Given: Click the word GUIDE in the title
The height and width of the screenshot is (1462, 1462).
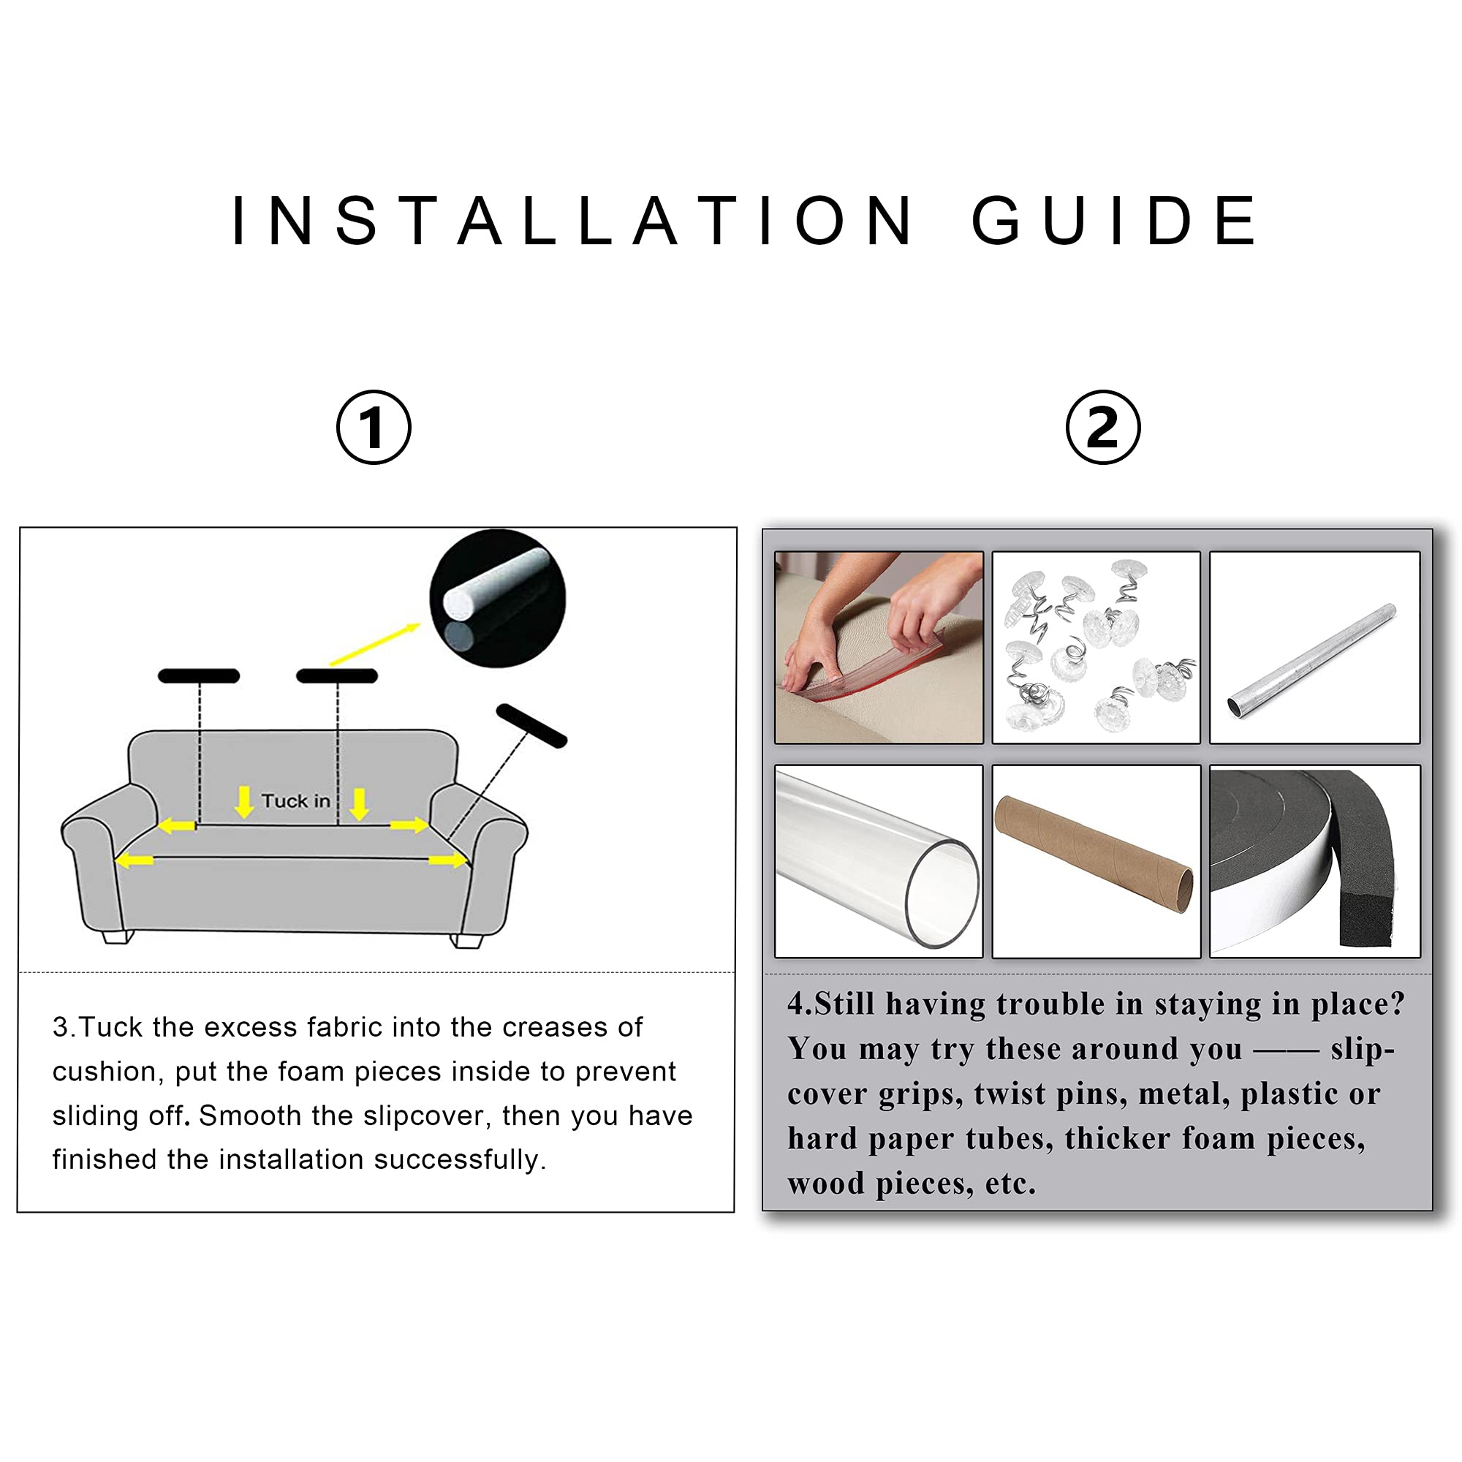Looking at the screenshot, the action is [x=1114, y=220].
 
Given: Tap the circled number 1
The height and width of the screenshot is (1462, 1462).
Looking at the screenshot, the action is [x=374, y=427].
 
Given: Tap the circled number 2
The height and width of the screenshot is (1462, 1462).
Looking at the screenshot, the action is [x=1102, y=427].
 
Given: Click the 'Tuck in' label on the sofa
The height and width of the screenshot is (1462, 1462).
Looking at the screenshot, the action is [x=296, y=800].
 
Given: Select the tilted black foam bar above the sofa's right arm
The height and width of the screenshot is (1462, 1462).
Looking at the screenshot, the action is [x=531, y=726].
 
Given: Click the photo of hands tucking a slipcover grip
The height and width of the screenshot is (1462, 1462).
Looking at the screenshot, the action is [x=879, y=647].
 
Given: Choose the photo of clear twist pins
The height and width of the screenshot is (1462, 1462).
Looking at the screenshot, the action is [x=1096, y=647].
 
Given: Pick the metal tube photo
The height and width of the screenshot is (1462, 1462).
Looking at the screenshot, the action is [x=1314, y=647].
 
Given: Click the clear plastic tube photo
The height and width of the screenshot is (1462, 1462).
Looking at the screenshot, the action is [x=879, y=861].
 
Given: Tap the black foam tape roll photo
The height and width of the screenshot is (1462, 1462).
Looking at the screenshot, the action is [x=1314, y=861].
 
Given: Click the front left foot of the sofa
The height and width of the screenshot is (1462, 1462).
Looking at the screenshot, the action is [x=118, y=937].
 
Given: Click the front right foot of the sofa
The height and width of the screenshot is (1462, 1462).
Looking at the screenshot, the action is [x=467, y=941].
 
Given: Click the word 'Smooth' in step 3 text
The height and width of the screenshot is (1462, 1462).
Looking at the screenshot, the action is [x=250, y=1116].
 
